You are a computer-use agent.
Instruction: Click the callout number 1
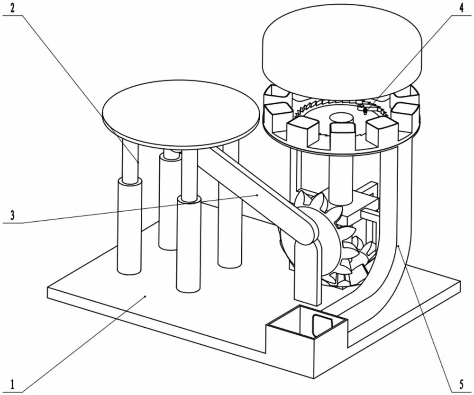[x=12, y=384]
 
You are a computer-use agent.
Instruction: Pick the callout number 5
[x=461, y=385]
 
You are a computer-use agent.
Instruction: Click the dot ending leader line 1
[x=146, y=296]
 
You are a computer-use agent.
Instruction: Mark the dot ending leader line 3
[x=257, y=195]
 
